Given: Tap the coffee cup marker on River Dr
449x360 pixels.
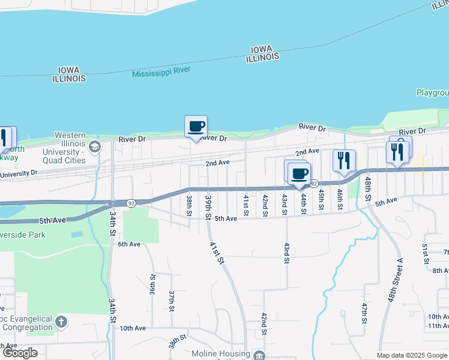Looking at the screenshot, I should [196, 127].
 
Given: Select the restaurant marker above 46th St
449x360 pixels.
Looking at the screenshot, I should [344, 160].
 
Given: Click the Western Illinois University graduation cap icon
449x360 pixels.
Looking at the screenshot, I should [94, 146].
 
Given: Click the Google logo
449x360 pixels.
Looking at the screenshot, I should [20, 353].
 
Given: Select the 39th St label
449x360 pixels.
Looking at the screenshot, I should [208, 206].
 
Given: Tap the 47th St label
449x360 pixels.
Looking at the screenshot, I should [364, 313].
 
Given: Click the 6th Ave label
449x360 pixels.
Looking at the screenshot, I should [128, 244].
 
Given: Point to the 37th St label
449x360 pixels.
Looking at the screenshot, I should [171, 301].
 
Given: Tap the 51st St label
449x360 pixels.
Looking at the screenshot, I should [424, 254].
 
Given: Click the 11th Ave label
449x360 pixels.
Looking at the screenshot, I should [438, 326].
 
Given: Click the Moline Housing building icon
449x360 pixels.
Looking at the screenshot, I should [259, 355].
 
